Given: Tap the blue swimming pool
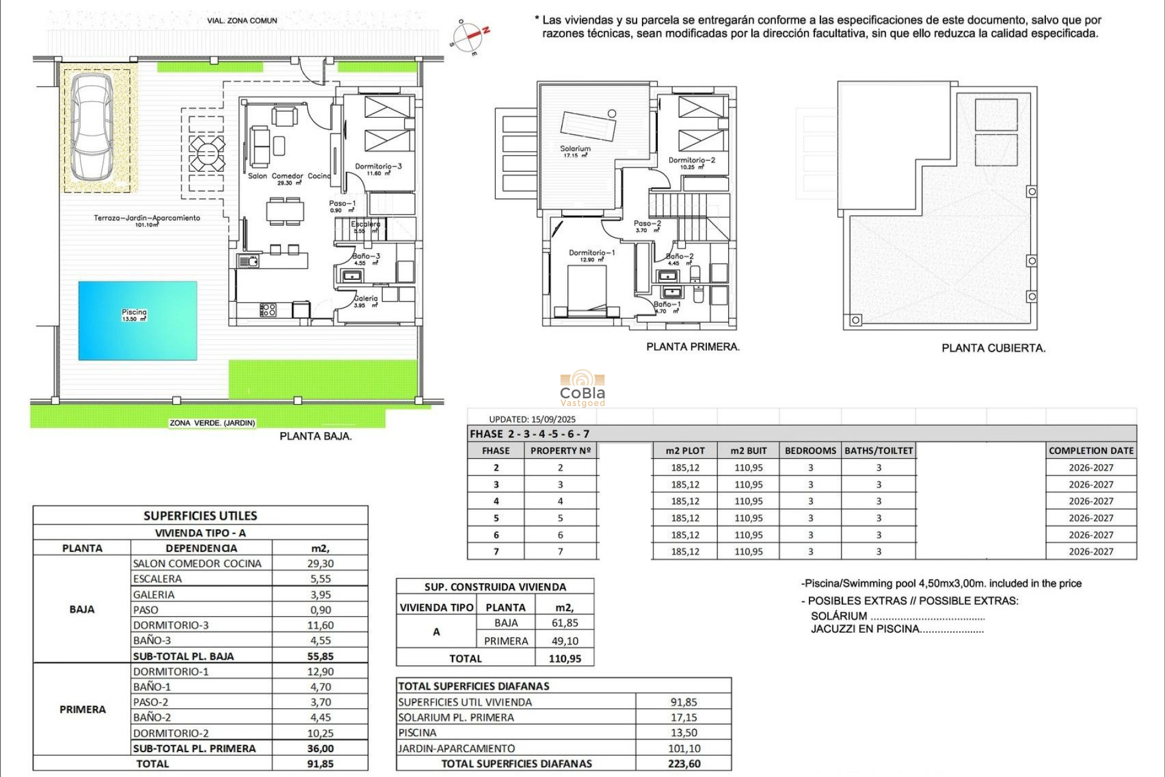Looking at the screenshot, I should [138, 321].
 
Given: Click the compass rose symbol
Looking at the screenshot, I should [468, 37].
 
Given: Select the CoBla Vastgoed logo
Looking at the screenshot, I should [582, 388].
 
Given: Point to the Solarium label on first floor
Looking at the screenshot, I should [575, 149].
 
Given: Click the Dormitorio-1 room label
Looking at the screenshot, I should [592, 253].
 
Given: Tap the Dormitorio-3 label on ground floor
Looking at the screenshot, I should [378, 166].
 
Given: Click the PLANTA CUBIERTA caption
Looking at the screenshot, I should [993, 348].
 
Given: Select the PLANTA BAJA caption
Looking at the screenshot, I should [316, 436].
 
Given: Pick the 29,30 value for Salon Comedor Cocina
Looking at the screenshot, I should [320, 563].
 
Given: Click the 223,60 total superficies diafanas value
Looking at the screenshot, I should [684, 764].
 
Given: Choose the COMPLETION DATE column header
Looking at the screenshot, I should [1091, 450].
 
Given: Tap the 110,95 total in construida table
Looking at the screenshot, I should [564, 659].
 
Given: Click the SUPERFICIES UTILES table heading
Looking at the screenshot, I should [200, 516].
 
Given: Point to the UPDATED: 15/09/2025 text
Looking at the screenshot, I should [532, 419].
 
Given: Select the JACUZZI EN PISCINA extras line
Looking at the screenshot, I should [896, 629].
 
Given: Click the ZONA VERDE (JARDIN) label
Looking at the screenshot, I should [212, 423].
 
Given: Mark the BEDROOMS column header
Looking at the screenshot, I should [810, 450].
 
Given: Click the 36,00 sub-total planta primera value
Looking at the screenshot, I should [320, 748].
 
